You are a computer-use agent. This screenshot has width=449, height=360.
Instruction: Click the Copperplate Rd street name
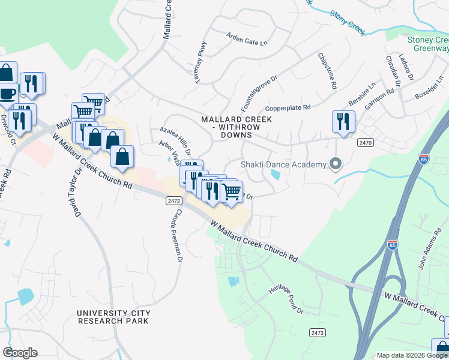[288, 108]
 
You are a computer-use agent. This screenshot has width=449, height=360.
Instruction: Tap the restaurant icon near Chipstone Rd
[343, 121]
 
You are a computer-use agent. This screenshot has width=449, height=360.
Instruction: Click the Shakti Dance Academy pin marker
[336, 164]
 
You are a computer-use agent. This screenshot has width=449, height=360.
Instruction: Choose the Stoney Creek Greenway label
[428, 44]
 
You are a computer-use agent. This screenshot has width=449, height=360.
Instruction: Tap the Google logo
[20, 353]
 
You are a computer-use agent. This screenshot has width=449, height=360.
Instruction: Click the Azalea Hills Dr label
[175, 138]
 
